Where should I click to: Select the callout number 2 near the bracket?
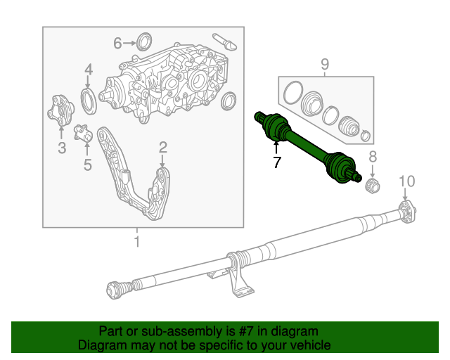click(162, 147)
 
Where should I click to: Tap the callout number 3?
click(62, 148)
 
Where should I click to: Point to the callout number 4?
click(89, 69)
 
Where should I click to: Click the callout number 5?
click(87, 165)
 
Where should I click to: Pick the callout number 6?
click(117, 44)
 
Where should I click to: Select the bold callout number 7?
click(276, 163)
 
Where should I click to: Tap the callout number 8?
click(373, 157)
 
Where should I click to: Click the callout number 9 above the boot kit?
click(325, 65)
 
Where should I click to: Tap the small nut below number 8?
click(373, 186)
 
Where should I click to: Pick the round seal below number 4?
click(89, 100)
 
